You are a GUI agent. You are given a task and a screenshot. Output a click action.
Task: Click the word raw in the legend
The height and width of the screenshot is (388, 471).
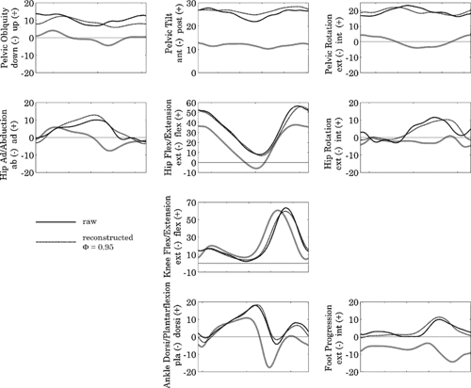[x=90, y=220]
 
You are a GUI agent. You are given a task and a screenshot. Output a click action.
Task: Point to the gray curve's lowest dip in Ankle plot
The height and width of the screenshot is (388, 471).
[x=269, y=366]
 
